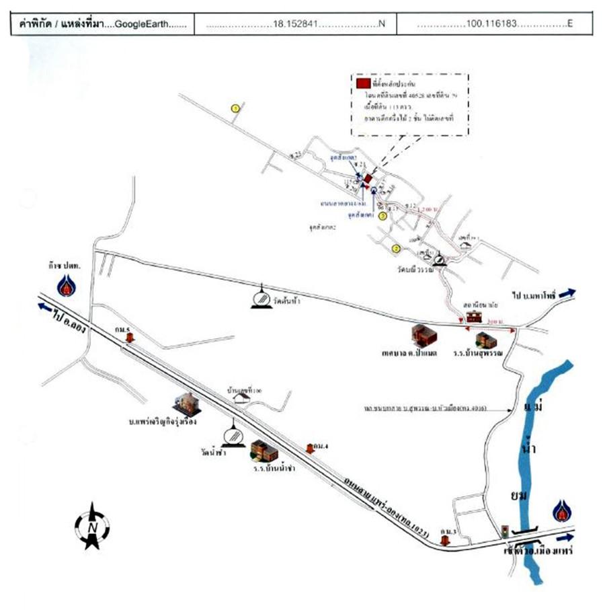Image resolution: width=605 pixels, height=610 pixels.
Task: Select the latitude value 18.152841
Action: pyautogui.click(x=295, y=24)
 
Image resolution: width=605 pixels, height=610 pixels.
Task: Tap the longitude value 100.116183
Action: pyautogui.click(x=494, y=24)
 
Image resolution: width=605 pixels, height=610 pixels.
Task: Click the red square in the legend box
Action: pyautogui.click(x=362, y=83)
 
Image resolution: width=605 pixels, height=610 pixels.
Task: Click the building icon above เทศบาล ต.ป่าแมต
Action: pyautogui.click(x=424, y=334)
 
